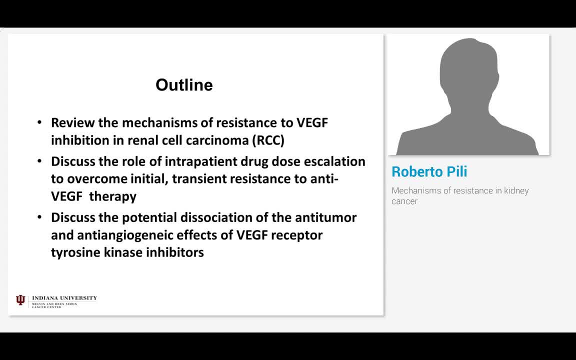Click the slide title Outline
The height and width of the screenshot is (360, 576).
(x=184, y=85)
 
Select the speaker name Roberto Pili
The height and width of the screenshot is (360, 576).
(x=429, y=171)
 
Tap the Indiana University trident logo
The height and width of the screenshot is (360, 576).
(x=20, y=300)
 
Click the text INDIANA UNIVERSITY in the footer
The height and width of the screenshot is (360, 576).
(x=64, y=298)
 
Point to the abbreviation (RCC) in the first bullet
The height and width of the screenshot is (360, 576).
(x=268, y=140)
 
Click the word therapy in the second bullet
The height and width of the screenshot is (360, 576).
(x=113, y=196)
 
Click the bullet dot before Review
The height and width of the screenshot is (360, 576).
(x=39, y=122)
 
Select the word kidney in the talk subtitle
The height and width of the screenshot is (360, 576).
(x=516, y=190)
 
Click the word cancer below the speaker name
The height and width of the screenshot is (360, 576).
(x=404, y=201)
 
